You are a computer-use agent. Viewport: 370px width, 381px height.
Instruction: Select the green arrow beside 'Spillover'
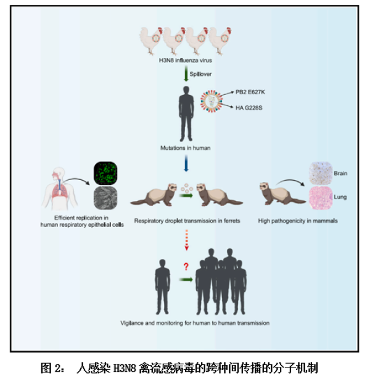point(186,75)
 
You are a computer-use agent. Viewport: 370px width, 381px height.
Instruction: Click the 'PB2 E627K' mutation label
point(249,92)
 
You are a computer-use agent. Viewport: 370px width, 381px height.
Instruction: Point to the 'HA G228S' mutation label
point(249,107)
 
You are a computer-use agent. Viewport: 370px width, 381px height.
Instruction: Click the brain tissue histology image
point(320,173)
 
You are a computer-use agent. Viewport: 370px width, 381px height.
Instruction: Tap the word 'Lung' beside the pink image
point(340,197)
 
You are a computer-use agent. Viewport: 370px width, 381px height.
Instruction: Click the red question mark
point(184,267)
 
